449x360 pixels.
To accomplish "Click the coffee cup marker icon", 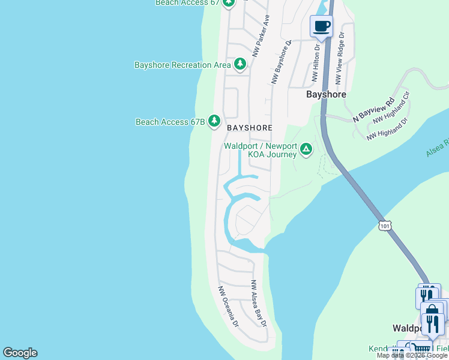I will tap(321, 26).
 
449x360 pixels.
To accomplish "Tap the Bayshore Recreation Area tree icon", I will tap(240, 64).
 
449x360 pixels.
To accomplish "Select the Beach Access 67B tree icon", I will tap(214, 121).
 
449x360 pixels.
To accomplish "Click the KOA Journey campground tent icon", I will tap(306, 148).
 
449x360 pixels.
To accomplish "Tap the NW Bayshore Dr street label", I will tap(281, 61).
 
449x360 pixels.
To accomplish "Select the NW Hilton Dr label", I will tap(316, 62).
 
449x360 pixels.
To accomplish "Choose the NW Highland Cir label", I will tap(391, 108).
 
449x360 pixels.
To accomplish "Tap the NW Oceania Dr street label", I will tap(228, 305).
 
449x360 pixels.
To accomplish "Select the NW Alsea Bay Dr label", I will tap(259, 302).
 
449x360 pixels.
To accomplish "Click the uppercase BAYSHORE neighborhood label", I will tap(250, 128).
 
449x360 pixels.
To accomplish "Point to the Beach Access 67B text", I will tap(170, 122).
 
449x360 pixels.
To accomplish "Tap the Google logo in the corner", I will tap(20, 353).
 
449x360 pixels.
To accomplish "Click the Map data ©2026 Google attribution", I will tap(412, 355).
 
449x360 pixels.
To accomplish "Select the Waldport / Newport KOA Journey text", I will tap(261, 150).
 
